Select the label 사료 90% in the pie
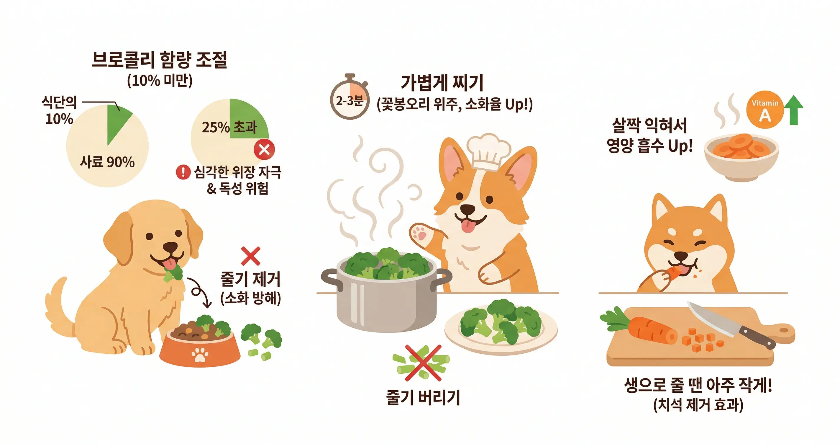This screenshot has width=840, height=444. click(x=107, y=162)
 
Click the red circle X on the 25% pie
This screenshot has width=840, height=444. click(x=264, y=149)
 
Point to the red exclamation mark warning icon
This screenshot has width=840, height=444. click(x=183, y=172)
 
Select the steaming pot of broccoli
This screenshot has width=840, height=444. click(x=386, y=294)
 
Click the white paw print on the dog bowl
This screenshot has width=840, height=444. click(x=200, y=355)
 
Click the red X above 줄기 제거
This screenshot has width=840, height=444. click(x=250, y=256)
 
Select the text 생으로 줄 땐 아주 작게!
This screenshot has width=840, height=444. click(x=698, y=385)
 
